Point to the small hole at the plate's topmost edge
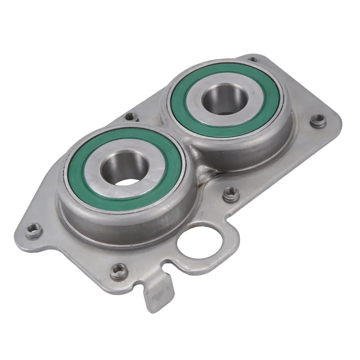253,59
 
